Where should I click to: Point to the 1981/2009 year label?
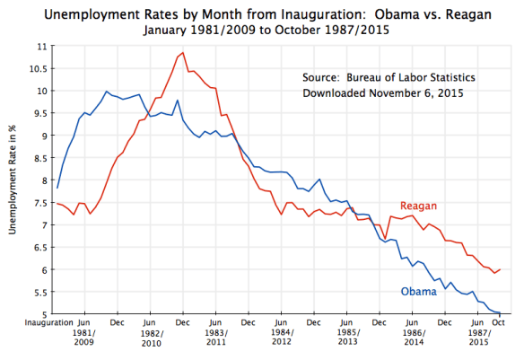pos(84,338)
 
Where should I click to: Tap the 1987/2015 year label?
pos(478,338)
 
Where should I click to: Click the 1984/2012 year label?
pos(281,338)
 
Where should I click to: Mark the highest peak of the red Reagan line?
pos(182,53)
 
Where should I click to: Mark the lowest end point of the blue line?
pos(500,313)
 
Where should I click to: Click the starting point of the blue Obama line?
pos(57,188)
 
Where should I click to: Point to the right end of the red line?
pos(500,269)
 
